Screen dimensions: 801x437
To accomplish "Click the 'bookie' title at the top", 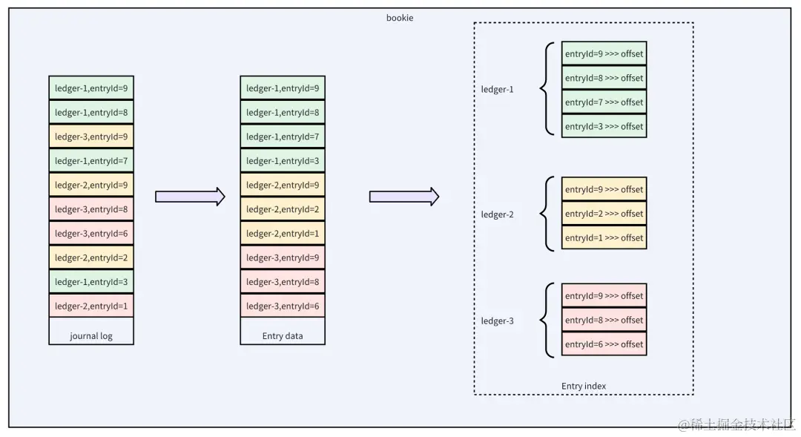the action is pos(400,18).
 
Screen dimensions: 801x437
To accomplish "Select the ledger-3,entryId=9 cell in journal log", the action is pos(91,137).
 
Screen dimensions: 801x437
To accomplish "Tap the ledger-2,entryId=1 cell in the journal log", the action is pos(91,306).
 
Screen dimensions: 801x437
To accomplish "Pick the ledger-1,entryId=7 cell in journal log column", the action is pos(91,160).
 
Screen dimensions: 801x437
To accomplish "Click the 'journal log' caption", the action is pos(91,336).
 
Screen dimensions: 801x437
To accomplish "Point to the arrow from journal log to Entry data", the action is pos(190,197).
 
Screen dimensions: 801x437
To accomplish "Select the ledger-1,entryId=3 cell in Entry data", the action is pos(283,160).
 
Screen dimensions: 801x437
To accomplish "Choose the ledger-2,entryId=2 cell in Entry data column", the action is pos(283,209).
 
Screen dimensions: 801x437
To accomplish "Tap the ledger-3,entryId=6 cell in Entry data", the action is pos(283,306).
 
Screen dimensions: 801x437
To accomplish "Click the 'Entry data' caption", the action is pos(283,336).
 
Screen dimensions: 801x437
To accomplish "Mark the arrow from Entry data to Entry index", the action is pos(404,197).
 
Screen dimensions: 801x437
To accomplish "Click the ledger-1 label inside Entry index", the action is pos(497,90).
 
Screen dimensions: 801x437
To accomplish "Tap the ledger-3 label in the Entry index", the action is pos(497,321).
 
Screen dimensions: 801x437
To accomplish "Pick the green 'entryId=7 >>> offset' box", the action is pos(604,102).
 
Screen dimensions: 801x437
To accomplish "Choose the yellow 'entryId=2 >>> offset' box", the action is pos(604,214).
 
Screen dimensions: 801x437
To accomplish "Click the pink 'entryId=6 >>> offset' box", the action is pos(604,344).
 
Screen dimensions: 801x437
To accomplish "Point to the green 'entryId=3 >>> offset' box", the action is pos(604,126).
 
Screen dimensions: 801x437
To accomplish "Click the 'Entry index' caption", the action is pos(584,386).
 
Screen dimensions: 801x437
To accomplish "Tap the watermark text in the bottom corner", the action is pos(736,424).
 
